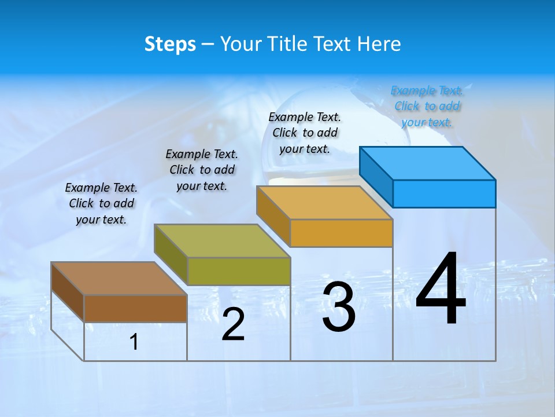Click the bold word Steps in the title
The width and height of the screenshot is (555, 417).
(170, 44)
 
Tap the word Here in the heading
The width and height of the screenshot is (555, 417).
(379, 44)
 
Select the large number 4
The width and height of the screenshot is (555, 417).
(441, 290)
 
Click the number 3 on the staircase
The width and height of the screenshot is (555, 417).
(339, 308)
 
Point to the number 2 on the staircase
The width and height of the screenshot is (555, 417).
(234, 324)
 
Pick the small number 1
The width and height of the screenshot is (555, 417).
(134, 342)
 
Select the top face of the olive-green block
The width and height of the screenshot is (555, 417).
(222, 241)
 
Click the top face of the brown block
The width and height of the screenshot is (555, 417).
(119, 279)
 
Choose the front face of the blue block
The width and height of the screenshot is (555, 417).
(444, 193)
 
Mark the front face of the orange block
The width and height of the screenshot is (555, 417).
(341, 233)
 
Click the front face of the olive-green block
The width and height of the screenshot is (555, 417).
(238, 271)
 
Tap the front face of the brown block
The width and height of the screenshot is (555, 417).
(135, 308)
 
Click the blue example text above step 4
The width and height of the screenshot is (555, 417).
(427, 106)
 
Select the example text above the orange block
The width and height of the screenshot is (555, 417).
(305, 133)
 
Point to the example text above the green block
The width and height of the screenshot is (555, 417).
(202, 170)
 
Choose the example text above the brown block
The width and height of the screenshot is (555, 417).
(101, 203)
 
